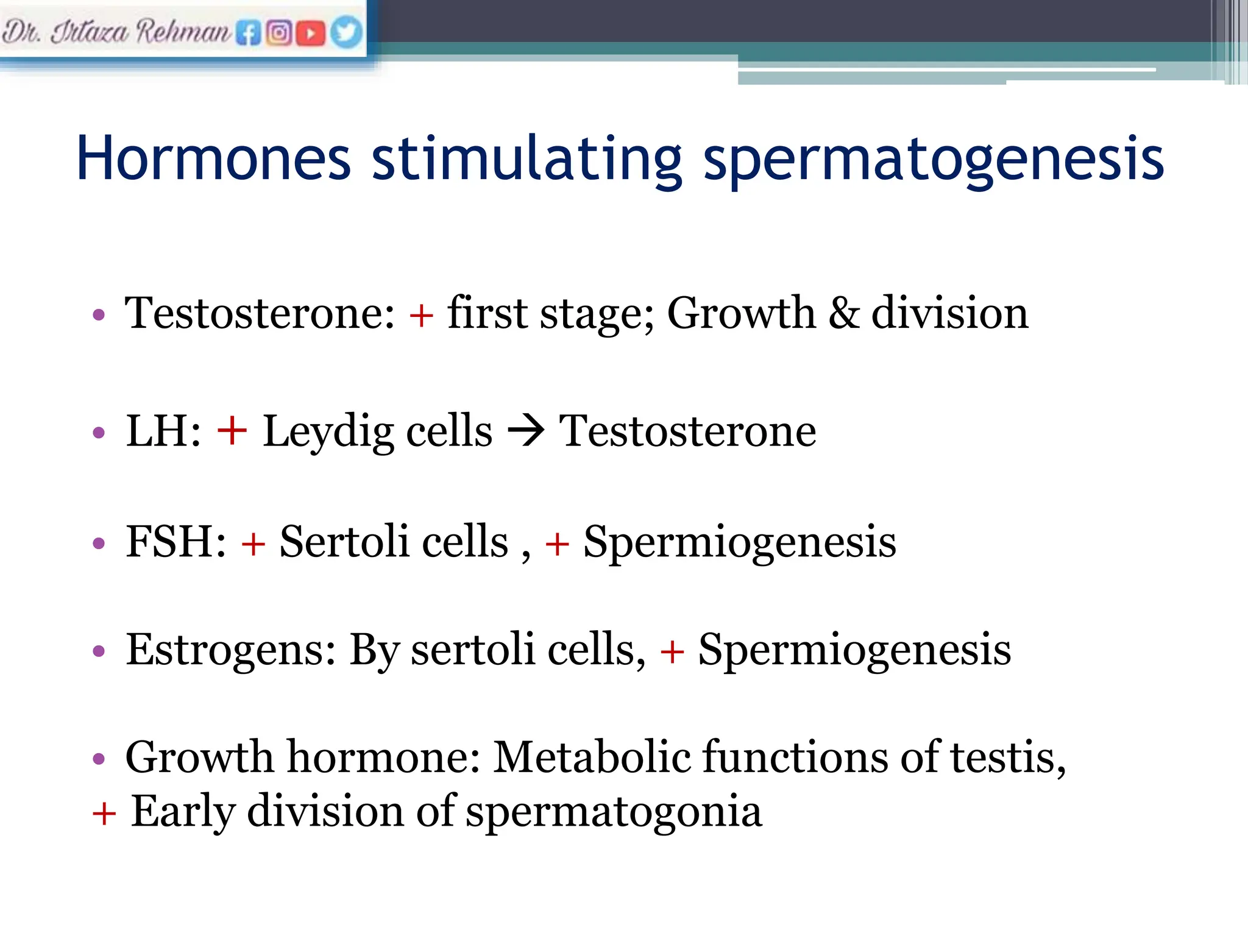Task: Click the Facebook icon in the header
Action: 248,33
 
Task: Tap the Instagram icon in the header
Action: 279,32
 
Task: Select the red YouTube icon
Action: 311,33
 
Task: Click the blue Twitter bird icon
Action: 346,32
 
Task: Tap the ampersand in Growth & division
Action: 844,313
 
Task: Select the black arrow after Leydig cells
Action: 526,431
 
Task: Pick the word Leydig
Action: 328,431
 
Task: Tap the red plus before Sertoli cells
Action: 253,543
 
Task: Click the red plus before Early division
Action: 104,814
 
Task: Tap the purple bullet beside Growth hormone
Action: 99,759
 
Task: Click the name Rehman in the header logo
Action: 183,31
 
